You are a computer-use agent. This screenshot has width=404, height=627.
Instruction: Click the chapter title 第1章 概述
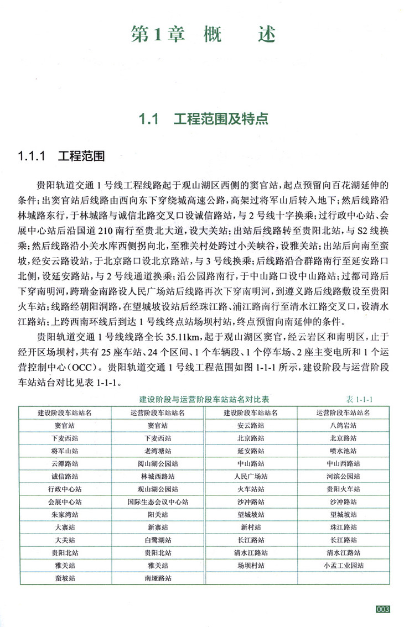(203, 34)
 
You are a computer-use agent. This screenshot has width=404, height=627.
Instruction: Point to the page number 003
(383, 609)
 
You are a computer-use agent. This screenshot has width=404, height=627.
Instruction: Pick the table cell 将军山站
(65, 450)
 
